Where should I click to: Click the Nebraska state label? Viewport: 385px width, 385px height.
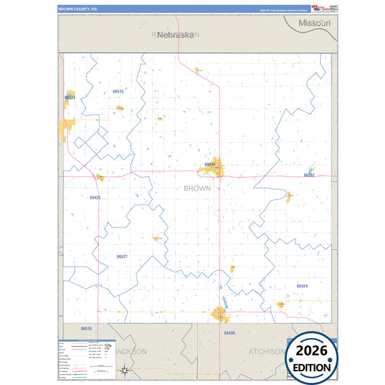175,34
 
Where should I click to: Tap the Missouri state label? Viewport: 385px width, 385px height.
314,24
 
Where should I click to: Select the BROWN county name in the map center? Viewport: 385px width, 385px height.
197,189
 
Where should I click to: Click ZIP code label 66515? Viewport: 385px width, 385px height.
118,92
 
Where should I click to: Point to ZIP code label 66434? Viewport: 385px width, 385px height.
210,165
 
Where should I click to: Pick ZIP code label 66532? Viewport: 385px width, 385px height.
309,175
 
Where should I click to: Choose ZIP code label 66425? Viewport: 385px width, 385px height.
95,197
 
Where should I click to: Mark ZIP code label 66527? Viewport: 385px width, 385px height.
122,256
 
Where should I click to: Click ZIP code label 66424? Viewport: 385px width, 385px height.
302,286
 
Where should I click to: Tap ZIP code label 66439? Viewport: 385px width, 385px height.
229,333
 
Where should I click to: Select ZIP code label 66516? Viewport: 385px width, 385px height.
87,328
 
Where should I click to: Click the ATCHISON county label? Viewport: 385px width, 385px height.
266,351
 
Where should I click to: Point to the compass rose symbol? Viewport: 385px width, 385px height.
125,371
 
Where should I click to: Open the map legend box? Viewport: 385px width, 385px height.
86,358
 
